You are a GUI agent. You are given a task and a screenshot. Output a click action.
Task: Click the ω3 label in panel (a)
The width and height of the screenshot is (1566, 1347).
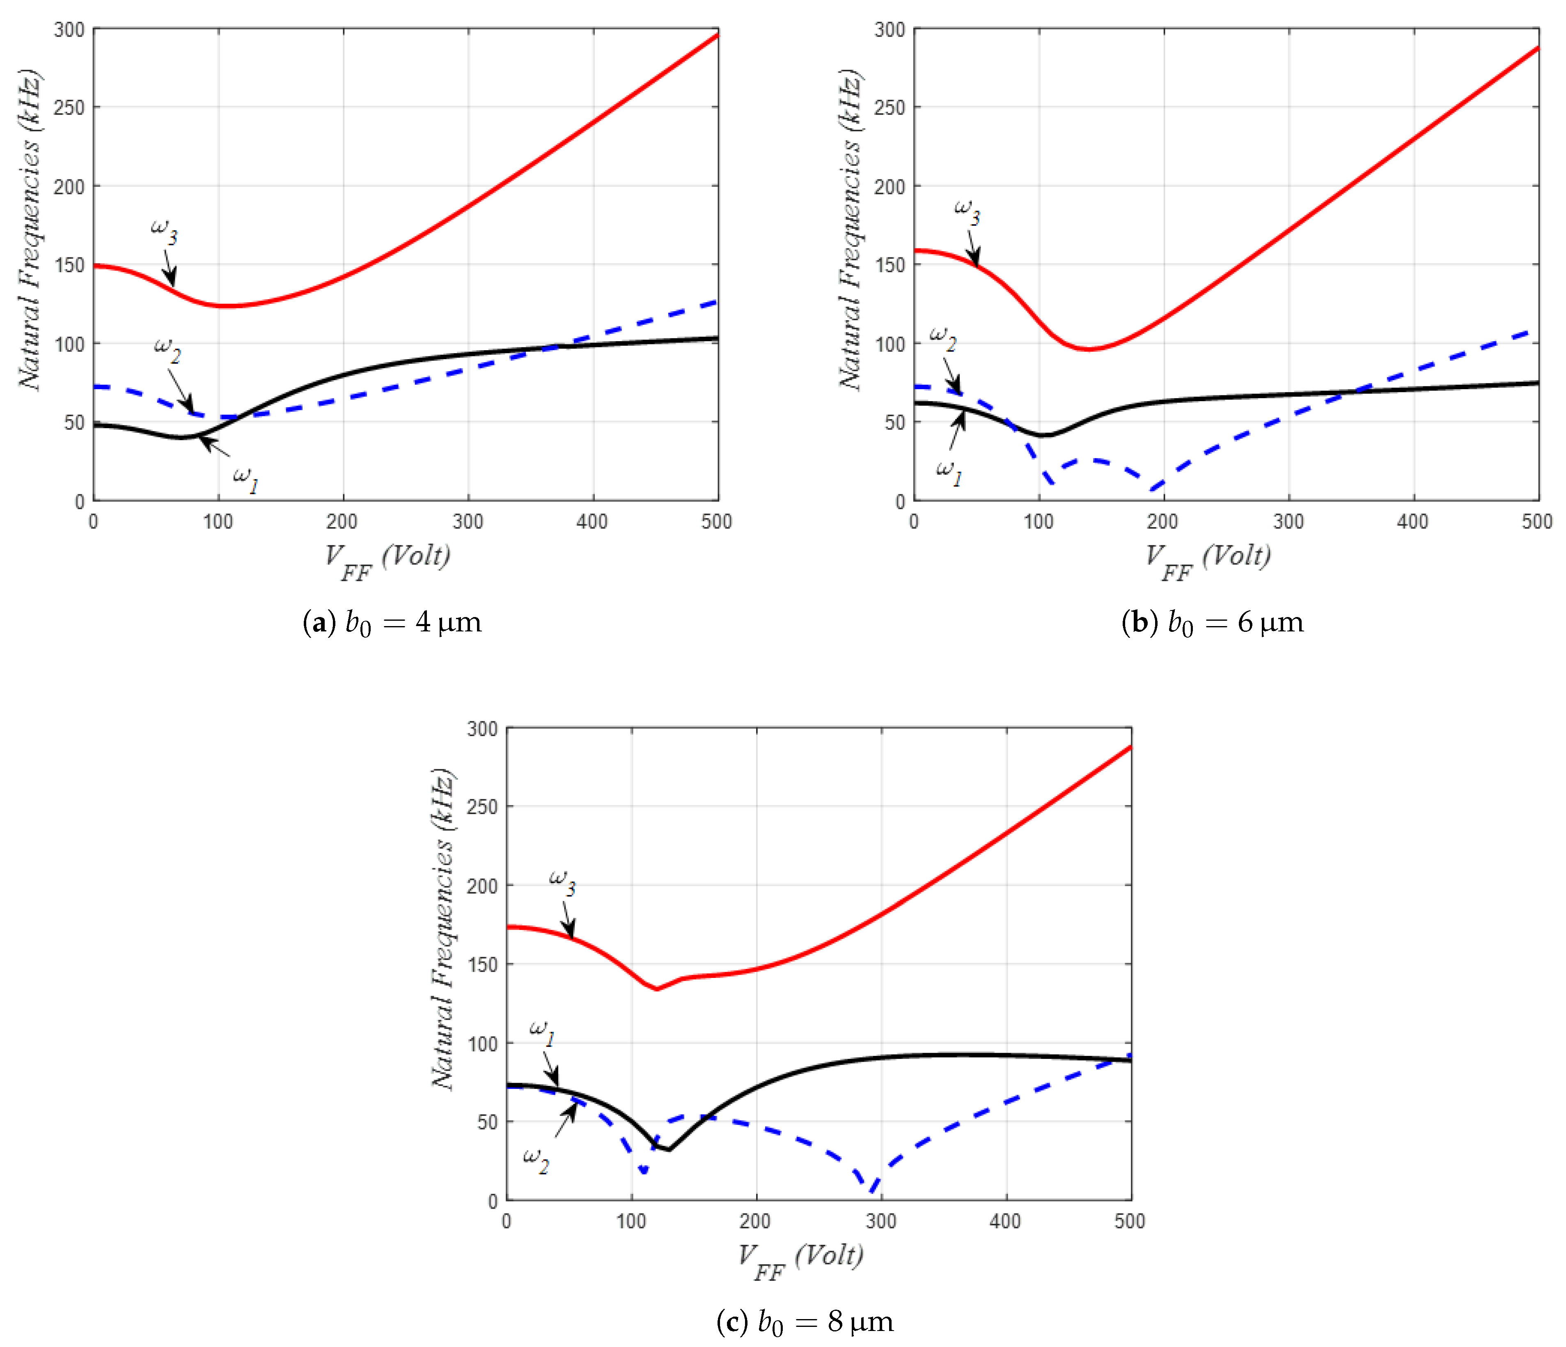tap(164, 231)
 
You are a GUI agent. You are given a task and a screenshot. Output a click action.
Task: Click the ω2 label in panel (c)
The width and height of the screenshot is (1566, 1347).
tap(536, 1159)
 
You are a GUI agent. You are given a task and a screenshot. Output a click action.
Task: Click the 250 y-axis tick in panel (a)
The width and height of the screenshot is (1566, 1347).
tap(69, 107)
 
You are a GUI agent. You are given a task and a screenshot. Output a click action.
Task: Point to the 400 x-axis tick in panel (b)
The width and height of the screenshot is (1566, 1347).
tap(1412, 521)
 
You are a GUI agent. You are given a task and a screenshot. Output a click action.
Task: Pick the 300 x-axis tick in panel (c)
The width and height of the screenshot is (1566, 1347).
tap(880, 1221)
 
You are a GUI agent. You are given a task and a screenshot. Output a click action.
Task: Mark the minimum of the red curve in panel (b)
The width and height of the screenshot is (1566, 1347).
tap(1088, 349)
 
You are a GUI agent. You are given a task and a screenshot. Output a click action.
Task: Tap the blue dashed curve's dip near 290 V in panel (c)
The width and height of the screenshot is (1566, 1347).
tap(873, 1191)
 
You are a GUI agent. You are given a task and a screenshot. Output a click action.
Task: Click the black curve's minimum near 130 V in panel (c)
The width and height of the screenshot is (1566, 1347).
tap(669, 1150)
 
